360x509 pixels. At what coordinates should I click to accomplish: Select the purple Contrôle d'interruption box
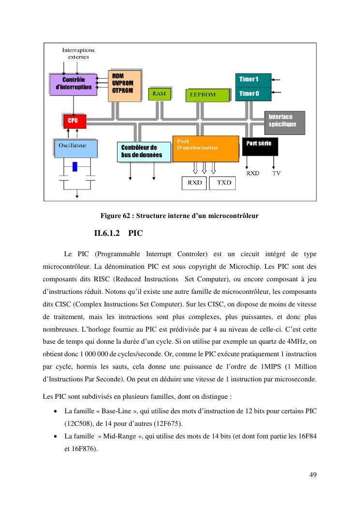pyautogui.click(x=73, y=84)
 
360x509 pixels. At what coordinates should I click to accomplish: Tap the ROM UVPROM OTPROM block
pyautogui.click(x=125, y=85)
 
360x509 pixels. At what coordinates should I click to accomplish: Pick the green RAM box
pyautogui.click(x=159, y=93)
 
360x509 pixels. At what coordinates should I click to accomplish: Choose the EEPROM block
pyautogui.click(x=207, y=95)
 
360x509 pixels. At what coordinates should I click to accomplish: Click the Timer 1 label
pyautogui.click(x=253, y=79)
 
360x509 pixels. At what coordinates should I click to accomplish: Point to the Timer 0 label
pyautogui.click(x=253, y=94)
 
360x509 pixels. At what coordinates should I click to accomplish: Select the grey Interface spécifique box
pyautogui.click(x=285, y=121)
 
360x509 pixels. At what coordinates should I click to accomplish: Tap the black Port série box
pyautogui.click(x=260, y=145)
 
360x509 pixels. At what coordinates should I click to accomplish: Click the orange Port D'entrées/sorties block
pyautogui.click(x=205, y=148)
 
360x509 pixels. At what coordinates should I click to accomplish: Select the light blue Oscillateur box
pyautogui.click(x=75, y=148)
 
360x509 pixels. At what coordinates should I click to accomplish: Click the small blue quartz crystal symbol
pyautogui.click(x=75, y=166)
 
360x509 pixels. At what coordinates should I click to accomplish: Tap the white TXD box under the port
pyautogui.click(x=224, y=183)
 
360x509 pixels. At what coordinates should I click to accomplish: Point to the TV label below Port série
pyautogui.click(x=276, y=173)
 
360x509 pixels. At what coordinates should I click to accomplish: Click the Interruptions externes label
pyautogui.click(x=78, y=53)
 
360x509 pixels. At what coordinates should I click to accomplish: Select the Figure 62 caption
pyautogui.click(x=179, y=216)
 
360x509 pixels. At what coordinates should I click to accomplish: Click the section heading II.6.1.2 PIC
pyautogui.click(x=118, y=233)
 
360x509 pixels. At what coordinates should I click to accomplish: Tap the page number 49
pyautogui.click(x=313, y=475)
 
